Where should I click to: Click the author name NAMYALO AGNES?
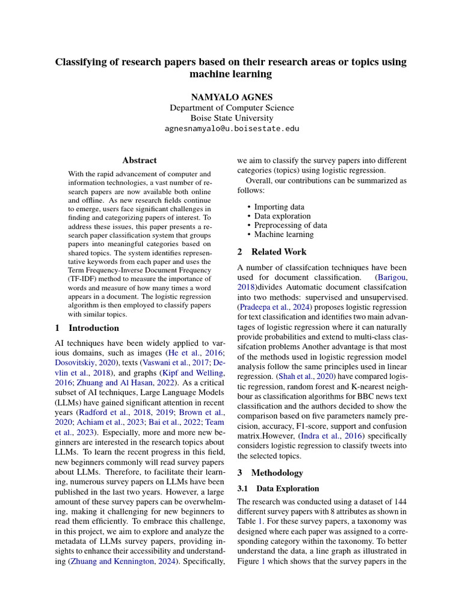click(x=231, y=97)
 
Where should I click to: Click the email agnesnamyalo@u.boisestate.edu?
click(x=231, y=129)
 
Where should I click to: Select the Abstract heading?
click(x=140, y=161)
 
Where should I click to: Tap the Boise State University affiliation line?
click(x=231, y=119)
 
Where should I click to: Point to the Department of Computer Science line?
click(x=231, y=108)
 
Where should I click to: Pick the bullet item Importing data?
click(x=279, y=207)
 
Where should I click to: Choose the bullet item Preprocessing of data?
click(x=290, y=225)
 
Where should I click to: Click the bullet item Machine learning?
click(x=283, y=235)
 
